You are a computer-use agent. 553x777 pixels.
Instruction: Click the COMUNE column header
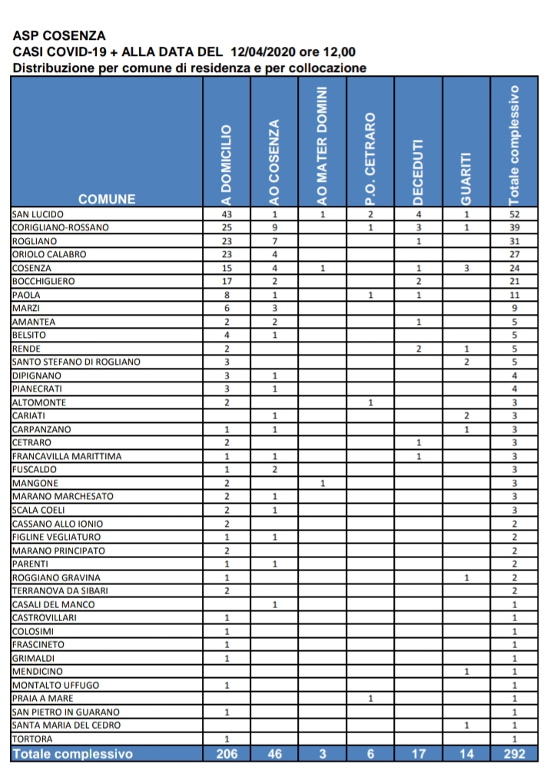[x=107, y=200]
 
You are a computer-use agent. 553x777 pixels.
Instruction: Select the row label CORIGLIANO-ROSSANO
[x=61, y=227]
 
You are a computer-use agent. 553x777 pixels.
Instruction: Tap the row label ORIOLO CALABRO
[x=49, y=254]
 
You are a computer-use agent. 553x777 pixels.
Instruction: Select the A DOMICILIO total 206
[x=227, y=754]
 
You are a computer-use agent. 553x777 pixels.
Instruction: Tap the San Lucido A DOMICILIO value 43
[x=227, y=214]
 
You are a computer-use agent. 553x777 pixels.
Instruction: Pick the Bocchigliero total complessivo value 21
[x=515, y=281]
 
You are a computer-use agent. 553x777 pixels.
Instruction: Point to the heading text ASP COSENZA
[x=59, y=36]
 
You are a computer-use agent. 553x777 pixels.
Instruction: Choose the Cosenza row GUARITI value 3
[x=466, y=268]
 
